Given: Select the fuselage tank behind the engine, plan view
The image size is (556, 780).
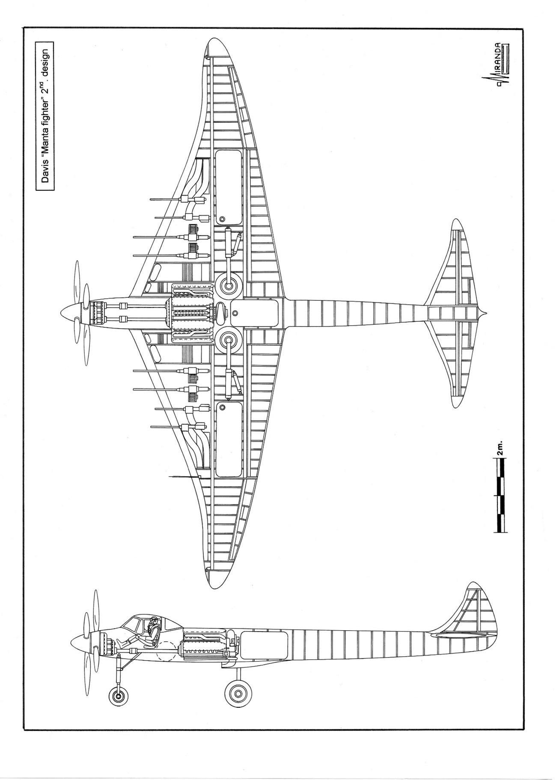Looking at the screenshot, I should point(254,313).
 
